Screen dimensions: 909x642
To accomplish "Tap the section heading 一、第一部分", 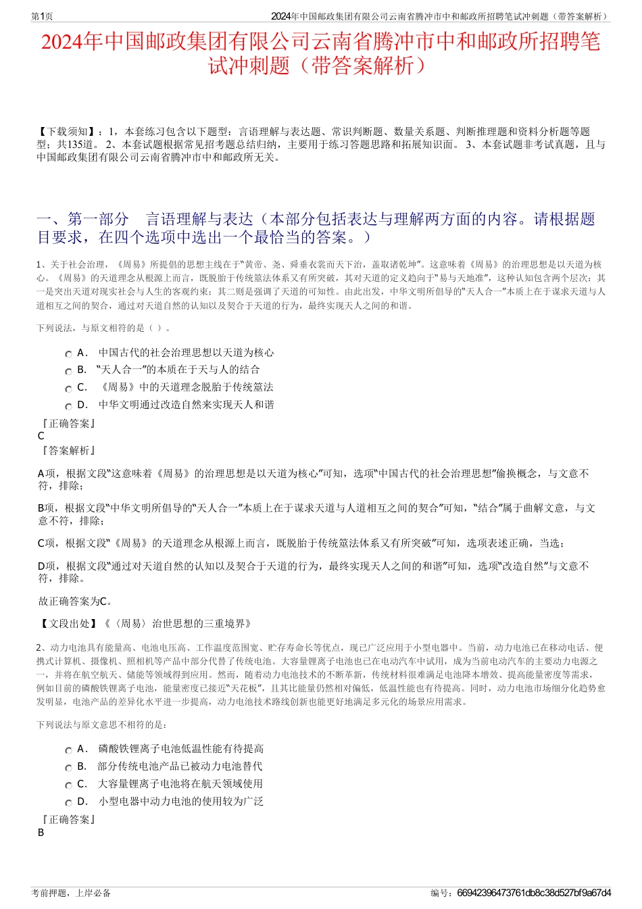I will (82, 220).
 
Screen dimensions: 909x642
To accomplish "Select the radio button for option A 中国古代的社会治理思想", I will (68, 354).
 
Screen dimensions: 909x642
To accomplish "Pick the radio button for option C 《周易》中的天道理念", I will (68, 389).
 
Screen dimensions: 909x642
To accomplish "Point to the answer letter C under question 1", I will (41, 436).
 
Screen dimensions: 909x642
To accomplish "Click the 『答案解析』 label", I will (68, 451).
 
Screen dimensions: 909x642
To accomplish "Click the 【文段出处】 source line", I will (145, 624).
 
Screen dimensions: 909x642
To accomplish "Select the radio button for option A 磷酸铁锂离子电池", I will (68, 750).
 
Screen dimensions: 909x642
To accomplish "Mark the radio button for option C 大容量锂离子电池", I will (68, 785).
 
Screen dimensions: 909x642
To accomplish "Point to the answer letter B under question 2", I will (41, 833).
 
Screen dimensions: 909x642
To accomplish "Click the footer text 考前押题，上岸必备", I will (71, 893).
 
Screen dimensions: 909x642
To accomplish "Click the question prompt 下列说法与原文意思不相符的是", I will (101, 724).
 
